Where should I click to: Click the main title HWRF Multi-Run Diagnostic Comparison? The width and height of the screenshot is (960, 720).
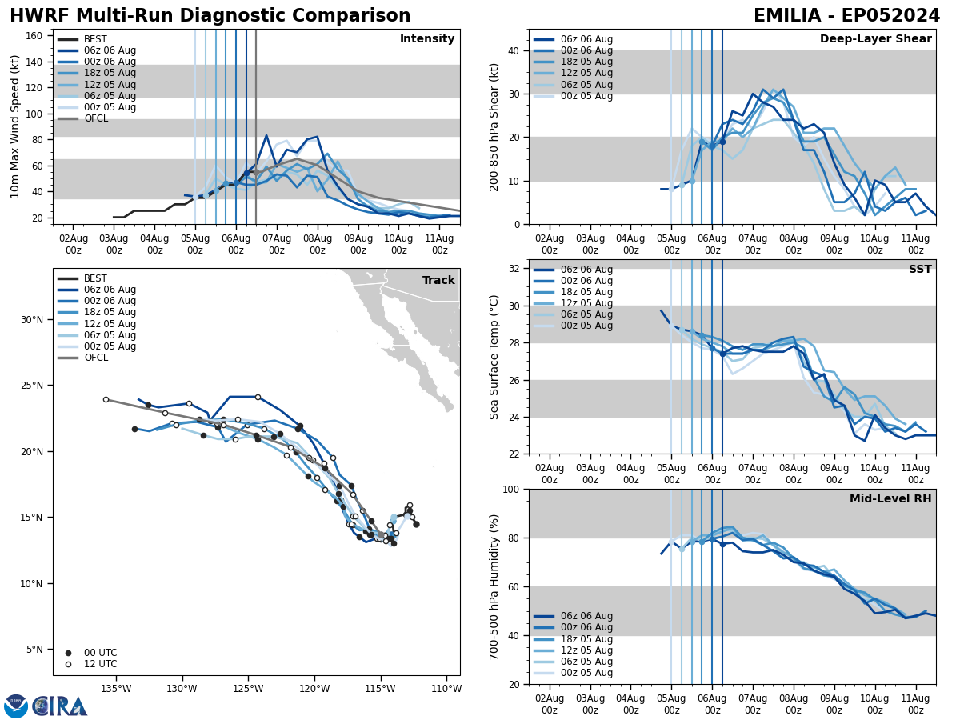pos(210,16)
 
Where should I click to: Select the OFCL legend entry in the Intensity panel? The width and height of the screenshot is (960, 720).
pos(95,118)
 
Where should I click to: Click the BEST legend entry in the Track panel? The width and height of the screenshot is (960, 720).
pos(95,278)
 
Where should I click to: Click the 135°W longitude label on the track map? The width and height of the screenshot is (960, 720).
pos(116,690)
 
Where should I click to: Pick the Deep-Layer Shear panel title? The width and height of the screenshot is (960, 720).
pos(875,39)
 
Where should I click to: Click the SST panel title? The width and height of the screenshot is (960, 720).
pos(919,270)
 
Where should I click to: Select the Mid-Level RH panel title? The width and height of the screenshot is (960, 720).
pos(890,499)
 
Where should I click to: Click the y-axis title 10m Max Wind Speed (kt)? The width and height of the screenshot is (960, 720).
pos(15,126)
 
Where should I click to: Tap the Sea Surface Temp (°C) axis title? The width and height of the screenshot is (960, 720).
pos(494,357)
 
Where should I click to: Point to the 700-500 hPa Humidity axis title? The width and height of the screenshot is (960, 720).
pos(494,586)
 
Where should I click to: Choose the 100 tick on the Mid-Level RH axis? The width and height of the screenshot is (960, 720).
pos(511,490)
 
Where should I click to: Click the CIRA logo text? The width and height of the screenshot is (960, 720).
pos(61,706)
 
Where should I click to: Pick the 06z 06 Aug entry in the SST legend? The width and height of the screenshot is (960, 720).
pos(586,270)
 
